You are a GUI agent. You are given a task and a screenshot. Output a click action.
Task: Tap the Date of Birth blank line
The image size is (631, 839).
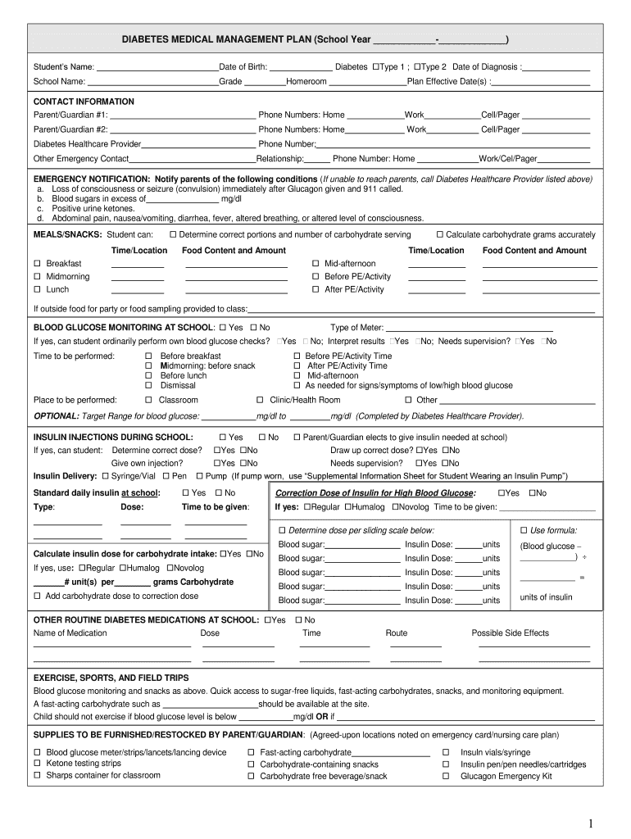[300, 67]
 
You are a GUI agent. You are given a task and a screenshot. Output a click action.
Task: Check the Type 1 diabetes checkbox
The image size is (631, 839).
[376, 66]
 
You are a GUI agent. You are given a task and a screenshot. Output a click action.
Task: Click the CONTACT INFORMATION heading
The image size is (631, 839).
[84, 102]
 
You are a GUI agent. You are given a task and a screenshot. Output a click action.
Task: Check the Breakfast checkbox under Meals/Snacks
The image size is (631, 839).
[37, 264]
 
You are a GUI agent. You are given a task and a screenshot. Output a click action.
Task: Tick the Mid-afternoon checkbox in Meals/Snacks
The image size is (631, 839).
[315, 264]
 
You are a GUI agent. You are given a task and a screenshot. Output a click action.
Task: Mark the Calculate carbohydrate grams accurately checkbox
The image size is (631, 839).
[439, 235]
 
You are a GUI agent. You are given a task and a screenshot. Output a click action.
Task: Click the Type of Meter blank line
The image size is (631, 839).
[469, 328]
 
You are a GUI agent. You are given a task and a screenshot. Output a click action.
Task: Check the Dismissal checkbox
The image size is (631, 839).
[149, 385]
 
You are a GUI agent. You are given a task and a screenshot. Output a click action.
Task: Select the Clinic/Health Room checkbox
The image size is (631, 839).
[260, 400]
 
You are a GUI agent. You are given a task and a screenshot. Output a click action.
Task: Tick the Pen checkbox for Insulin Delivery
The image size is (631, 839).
[166, 476]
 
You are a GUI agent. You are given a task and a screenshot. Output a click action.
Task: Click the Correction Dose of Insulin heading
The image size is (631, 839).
[375, 493]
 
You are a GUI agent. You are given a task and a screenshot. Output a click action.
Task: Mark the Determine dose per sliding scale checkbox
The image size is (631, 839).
[282, 530]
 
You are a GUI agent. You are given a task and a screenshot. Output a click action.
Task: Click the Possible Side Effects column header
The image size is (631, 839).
[510, 633]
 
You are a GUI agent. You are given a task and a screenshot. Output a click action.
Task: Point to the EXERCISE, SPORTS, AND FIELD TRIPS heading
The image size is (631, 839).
[111, 678]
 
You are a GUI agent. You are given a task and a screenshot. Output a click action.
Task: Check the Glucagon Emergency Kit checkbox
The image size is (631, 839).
[446, 776]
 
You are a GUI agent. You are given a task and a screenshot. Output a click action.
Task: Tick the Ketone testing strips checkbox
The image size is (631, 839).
[37, 764]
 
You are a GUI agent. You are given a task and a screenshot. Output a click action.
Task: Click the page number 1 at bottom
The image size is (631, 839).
[589, 823]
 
